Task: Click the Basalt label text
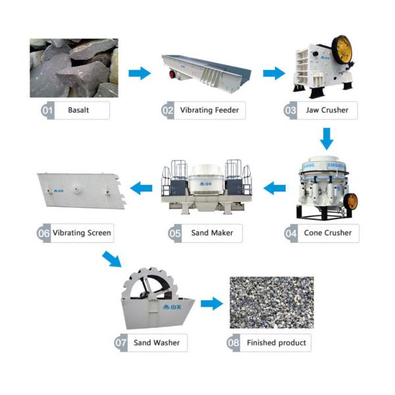pos(78,111)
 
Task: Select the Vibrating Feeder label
pos(209,111)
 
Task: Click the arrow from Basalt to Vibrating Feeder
pos(139,73)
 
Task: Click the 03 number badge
pos(290,111)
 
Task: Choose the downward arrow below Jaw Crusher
pos(326,138)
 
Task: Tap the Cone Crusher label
pos(327,232)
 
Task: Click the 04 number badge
pos(291,232)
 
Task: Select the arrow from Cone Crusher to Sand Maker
pos(275,189)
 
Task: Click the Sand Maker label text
pos(209,232)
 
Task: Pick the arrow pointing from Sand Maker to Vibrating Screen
pos(142,189)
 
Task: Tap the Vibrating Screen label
pos(82,232)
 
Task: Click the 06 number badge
pos(44,232)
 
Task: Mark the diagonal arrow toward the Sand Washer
pos(113,259)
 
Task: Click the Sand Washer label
pos(156,342)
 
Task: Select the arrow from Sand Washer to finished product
pos(212,304)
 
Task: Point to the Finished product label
pos(276,342)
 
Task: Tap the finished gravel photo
pos(271,302)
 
